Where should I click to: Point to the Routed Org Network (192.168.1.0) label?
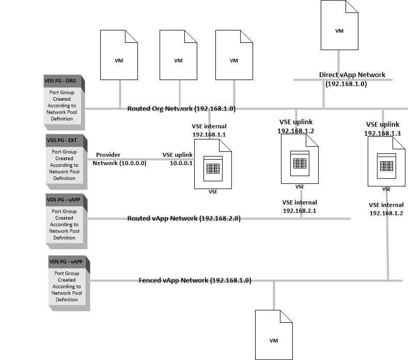181,108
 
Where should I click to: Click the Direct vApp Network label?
352,75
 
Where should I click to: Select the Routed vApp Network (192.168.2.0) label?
184,218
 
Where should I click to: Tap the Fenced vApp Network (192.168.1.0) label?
195,280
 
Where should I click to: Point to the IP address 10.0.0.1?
181,163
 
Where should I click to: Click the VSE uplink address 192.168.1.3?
383,133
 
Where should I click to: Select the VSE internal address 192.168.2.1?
300,211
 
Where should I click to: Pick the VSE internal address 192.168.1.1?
209,134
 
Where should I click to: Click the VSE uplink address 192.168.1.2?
295,131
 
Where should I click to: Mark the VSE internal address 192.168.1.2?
386,213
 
